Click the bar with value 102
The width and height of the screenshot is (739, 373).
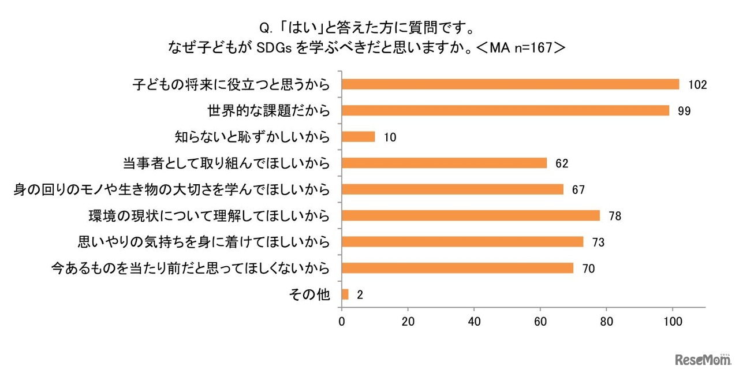(510, 84)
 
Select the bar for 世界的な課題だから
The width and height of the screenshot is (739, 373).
(505, 110)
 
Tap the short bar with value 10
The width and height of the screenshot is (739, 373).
(359, 137)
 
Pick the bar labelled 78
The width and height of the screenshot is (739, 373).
(471, 215)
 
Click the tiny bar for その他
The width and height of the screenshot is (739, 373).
(345, 294)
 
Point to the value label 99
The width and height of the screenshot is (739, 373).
(685, 111)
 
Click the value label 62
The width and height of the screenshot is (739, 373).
(562, 163)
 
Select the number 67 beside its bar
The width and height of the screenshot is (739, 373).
(578, 189)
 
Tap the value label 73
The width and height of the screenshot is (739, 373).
(598, 242)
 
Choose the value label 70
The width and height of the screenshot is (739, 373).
(588, 268)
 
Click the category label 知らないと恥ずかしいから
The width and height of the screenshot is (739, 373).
(252, 137)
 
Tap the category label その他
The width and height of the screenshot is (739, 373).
(309, 294)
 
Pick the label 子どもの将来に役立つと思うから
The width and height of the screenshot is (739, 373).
(231, 84)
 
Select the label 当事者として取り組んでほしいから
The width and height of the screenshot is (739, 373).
(226, 163)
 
